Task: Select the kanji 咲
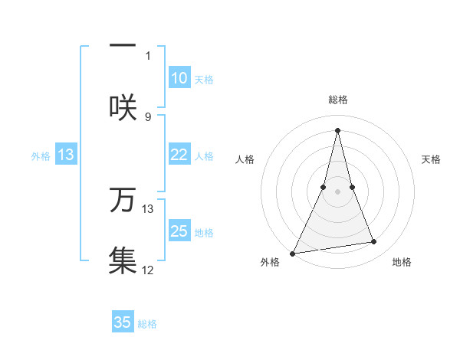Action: (x=123, y=106)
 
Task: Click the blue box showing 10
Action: (x=179, y=78)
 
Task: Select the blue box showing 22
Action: (x=179, y=155)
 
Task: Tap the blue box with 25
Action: (x=179, y=231)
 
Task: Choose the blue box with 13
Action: (x=66, y=155)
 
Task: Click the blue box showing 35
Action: (x=123, y=322)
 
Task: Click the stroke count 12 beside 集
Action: (x=148, y=270)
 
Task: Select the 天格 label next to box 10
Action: (x=203, y=80)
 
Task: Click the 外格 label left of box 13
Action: (x=41, y=156)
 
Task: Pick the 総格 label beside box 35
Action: (x=147, y=324)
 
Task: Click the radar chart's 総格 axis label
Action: (x=337, y=100)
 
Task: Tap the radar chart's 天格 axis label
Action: (x=432, y=159)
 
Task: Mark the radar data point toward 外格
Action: (x=293, y=254)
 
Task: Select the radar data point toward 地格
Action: (x=374, y=242)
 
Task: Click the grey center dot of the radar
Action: (x=337, y=191)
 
